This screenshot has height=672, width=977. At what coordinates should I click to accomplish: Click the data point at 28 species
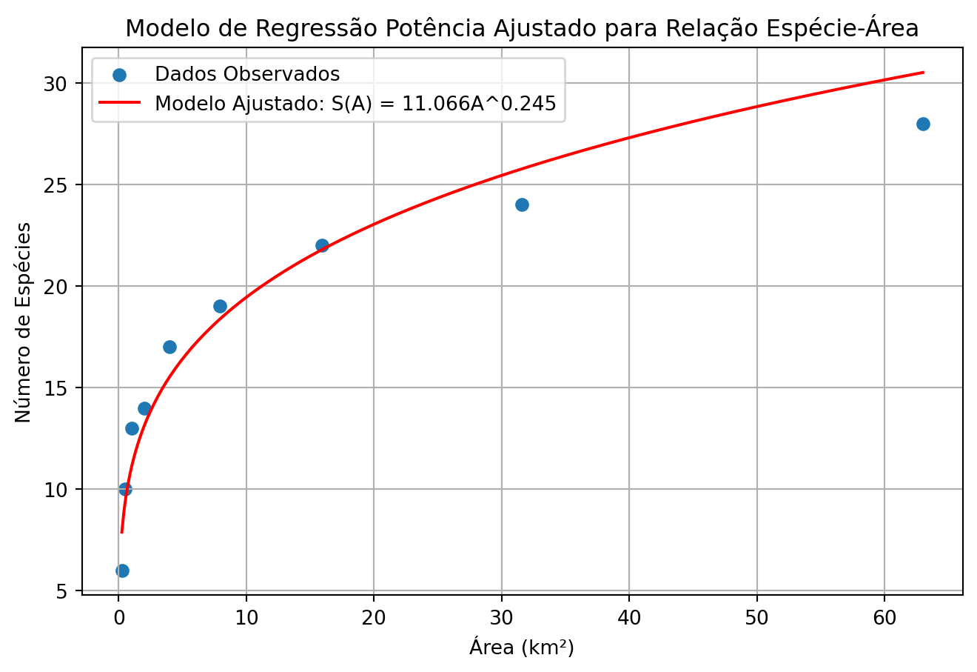922,124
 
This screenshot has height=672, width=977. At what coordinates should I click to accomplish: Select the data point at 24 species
522,204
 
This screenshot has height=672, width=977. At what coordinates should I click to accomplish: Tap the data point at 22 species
322,245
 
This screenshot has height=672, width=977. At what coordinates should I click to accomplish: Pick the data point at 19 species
220,306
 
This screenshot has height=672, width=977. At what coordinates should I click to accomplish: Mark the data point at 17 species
169,347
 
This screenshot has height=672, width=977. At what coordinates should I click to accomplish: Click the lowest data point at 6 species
122,570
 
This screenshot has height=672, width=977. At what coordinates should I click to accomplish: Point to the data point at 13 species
132,428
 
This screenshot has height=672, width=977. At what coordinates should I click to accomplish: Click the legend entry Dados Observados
246,74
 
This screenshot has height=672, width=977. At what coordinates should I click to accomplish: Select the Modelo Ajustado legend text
355,103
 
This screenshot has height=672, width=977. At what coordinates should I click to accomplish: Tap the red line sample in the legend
119,103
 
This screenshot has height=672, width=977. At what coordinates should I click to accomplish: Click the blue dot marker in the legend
119,74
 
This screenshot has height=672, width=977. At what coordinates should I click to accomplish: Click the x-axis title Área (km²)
522,647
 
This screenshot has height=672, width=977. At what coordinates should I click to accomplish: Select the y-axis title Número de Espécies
24,322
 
